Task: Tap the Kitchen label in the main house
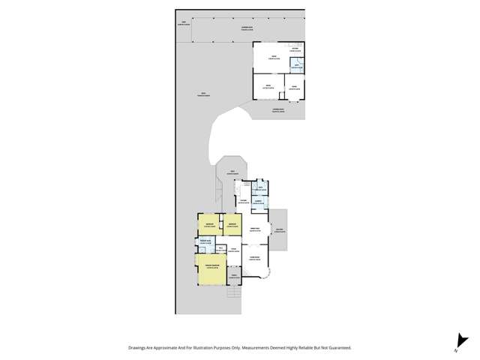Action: [x=243, y=201]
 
